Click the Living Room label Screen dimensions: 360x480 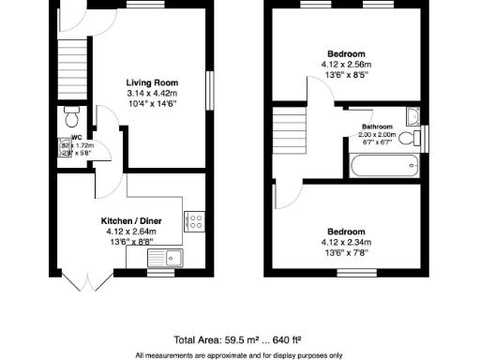click(152, 83)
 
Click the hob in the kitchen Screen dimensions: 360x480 click(196, 221)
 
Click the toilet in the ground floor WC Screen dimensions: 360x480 click(71, 117)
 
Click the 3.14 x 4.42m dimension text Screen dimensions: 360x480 click(152, 94)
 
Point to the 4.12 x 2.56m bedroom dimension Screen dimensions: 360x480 click(346, 65)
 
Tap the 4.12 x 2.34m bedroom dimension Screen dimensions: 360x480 click(346, 241)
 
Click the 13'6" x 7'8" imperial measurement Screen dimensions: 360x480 click(346, 250)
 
